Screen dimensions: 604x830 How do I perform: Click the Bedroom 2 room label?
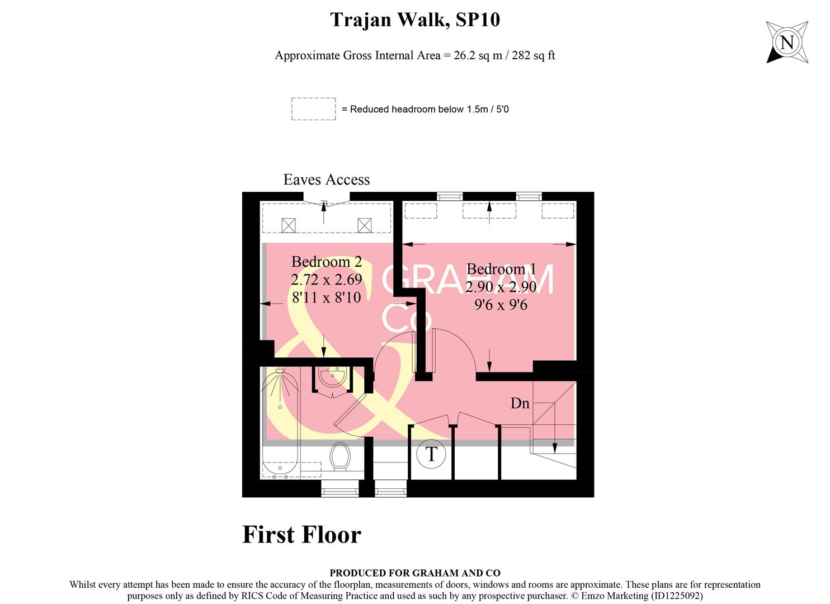pos(327,262)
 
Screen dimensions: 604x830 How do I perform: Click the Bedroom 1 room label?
pos(501,269)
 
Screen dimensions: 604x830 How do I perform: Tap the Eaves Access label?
pos(327,180)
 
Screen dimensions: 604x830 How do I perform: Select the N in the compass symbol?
pos(787,43)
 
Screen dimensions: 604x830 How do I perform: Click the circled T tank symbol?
pos(431,454)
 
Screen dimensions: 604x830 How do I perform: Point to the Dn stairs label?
pos(520,403)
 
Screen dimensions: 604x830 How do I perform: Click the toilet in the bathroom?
pos(339,456)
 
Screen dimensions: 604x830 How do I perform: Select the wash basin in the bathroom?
pos(333,376)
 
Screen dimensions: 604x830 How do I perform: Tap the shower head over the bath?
pos(280,371)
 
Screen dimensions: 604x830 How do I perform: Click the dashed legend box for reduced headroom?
pos(313,109)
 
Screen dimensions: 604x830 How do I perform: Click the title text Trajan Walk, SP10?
pos(415,20)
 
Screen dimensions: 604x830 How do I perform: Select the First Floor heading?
pos(301,535)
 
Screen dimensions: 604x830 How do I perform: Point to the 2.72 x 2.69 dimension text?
pos(327,280)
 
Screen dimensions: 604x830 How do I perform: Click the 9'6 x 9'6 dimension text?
pos(501,305)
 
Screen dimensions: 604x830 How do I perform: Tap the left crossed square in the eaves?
pos(288,225)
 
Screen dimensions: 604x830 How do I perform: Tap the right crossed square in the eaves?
pos(364,225)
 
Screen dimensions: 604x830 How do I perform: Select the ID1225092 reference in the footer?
pos(676,596)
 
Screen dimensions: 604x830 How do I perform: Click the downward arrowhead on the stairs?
pos(554,448)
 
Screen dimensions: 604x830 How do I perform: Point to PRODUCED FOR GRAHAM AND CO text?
pos(414,573)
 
